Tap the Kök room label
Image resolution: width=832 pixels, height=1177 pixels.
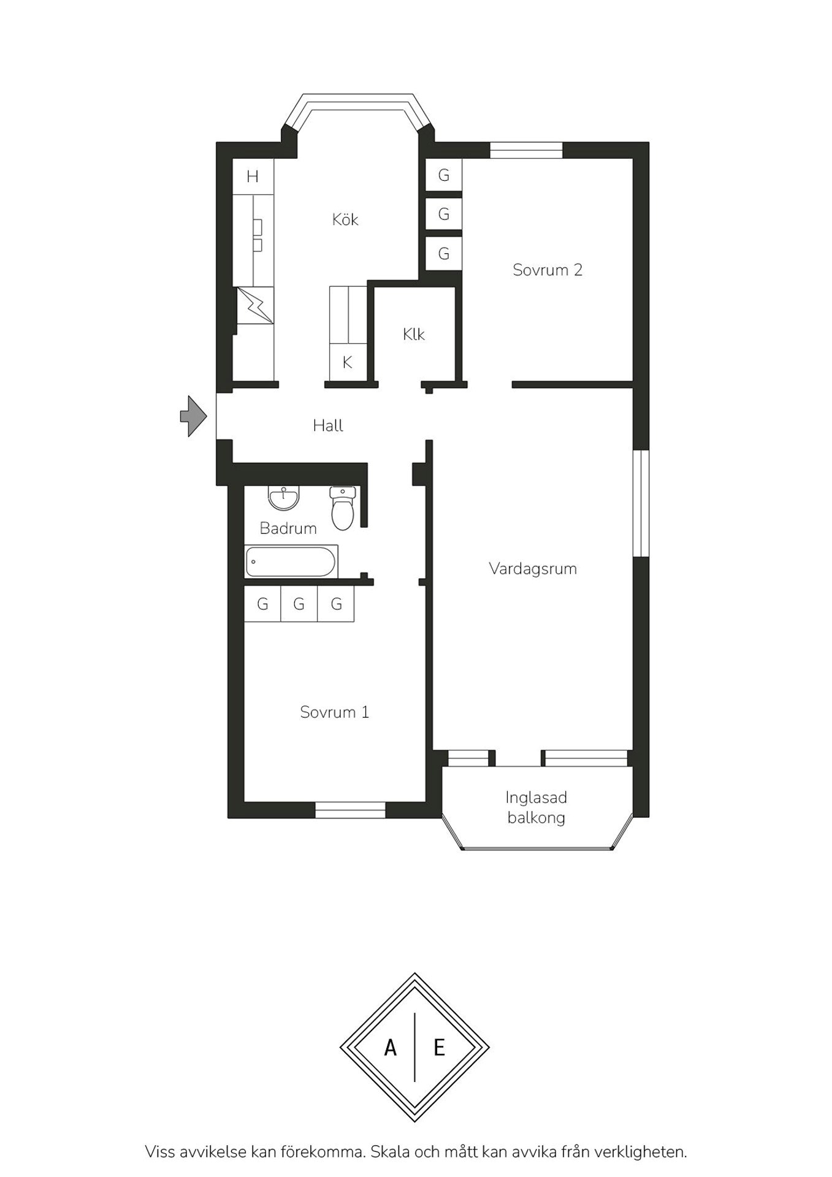coord(345,219)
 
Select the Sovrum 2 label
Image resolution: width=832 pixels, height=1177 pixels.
coord(548,270)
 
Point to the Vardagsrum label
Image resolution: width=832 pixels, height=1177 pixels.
coord(533,568)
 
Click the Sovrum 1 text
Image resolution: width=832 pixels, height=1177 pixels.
coord(335,712)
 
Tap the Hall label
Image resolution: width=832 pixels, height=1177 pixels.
coord(328,425)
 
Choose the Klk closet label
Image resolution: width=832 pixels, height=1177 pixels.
coord(414,334)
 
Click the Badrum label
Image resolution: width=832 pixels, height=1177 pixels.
coord(288,528)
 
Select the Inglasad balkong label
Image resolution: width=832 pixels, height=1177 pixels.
coord(536,807)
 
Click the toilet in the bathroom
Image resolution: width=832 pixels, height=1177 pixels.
coord(343,508)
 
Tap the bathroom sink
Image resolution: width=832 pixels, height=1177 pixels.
coord(284,498)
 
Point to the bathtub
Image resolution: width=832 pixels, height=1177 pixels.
coord(291,562)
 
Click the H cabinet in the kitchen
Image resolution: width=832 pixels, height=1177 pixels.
coord(253,177)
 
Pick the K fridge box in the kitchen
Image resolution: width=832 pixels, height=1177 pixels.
coord(348,362)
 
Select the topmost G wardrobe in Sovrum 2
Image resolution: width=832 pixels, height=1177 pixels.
coord(444,175)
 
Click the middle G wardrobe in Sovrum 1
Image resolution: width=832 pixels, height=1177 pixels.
coord(299,604)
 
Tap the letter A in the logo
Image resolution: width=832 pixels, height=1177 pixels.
coord(390,1048)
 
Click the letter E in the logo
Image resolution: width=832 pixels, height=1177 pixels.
coord(439,1048)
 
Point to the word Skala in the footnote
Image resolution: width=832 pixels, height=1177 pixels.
coord(390,1152)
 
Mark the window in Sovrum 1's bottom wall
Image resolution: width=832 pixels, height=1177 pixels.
coord(350,810)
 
